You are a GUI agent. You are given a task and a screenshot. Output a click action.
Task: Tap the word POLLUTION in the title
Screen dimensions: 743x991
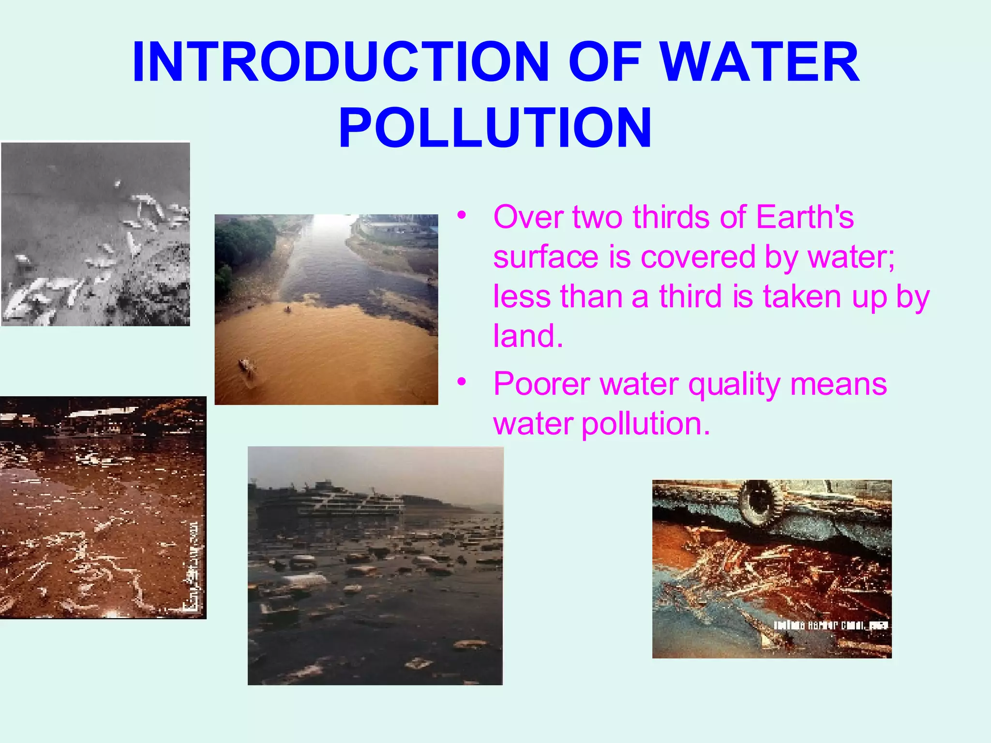(495, 128)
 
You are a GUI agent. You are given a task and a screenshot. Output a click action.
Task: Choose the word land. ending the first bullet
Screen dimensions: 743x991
(528, 336)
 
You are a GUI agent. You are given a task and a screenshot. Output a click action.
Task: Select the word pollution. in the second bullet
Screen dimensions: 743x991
(646, 424)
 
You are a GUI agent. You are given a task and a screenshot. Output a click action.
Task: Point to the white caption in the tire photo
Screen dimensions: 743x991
(830, 625)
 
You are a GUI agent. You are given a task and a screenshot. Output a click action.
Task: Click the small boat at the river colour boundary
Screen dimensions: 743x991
(288, 309)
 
